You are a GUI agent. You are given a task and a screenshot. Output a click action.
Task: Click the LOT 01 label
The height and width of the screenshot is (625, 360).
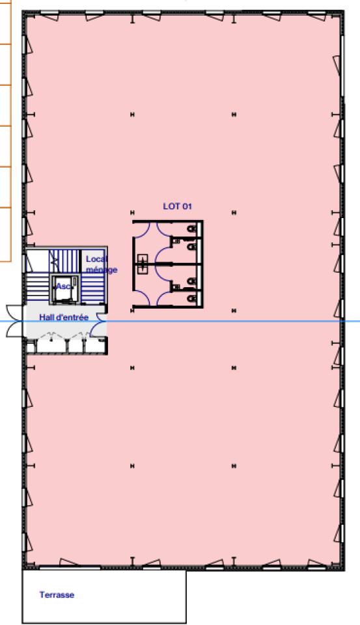point(178,206)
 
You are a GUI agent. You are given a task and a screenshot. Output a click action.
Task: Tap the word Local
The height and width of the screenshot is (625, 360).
point(97,259)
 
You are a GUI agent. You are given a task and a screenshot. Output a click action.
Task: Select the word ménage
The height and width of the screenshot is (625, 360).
point(102,270)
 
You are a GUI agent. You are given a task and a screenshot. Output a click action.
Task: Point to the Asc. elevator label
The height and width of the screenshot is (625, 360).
point(63,286)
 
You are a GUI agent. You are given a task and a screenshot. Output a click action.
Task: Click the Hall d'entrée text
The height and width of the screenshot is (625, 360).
point(64,318)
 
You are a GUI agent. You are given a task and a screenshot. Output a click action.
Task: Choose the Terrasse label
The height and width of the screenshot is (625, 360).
point(57,594)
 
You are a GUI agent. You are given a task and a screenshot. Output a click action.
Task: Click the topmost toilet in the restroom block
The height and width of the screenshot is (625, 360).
point(192,229)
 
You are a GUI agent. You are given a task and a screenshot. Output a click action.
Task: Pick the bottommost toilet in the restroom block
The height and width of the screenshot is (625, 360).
point(192,298)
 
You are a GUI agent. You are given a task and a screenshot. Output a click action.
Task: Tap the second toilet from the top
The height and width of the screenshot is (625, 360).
point(192,247)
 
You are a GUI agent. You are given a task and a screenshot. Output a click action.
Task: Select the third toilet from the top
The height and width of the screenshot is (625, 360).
point(192,281)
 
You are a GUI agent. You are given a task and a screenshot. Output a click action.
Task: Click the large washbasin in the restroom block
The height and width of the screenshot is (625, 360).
point(143,264)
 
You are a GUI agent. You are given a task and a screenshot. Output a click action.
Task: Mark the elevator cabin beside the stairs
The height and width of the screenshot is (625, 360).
point(63,288)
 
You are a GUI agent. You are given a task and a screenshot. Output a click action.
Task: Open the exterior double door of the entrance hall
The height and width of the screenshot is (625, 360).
point(16,321)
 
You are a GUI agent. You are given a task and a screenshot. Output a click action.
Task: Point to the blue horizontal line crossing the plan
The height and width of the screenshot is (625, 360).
point(180,321)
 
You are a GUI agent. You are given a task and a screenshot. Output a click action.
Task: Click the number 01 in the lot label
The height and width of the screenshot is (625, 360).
point(187,206)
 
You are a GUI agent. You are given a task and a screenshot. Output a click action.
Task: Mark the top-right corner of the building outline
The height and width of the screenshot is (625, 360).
point(344,12)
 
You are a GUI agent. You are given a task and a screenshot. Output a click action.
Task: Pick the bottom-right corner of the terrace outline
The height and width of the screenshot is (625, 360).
point(186,623)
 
